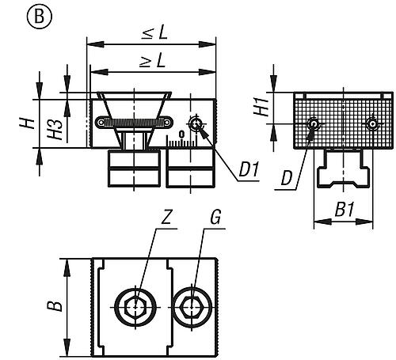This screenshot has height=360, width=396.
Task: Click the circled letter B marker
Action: (40, 17)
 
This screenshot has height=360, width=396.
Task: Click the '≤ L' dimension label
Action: (154, 33)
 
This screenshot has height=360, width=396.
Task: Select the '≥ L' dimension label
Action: (153, 62)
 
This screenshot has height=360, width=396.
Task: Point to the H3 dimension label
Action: (55, 129)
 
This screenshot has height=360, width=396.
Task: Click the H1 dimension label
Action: (261, 108)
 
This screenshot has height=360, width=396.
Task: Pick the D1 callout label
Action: (248, 170)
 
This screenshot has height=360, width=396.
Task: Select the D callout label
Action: (287, 178)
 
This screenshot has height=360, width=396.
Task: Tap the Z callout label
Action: (166, 218)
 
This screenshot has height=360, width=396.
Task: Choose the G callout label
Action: (215, 218)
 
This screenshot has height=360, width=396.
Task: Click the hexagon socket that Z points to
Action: (135, 307)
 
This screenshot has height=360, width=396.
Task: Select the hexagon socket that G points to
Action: (192, 307)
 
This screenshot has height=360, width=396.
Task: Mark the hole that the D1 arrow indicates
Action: (196, 123)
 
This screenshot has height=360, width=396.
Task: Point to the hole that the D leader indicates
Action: (314, 123)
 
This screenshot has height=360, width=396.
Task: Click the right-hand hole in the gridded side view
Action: (372, 123)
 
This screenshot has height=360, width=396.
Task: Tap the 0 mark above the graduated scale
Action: (181, 135)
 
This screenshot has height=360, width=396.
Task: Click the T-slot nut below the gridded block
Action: (343, 169)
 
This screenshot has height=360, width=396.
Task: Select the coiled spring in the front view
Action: (134, 122)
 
